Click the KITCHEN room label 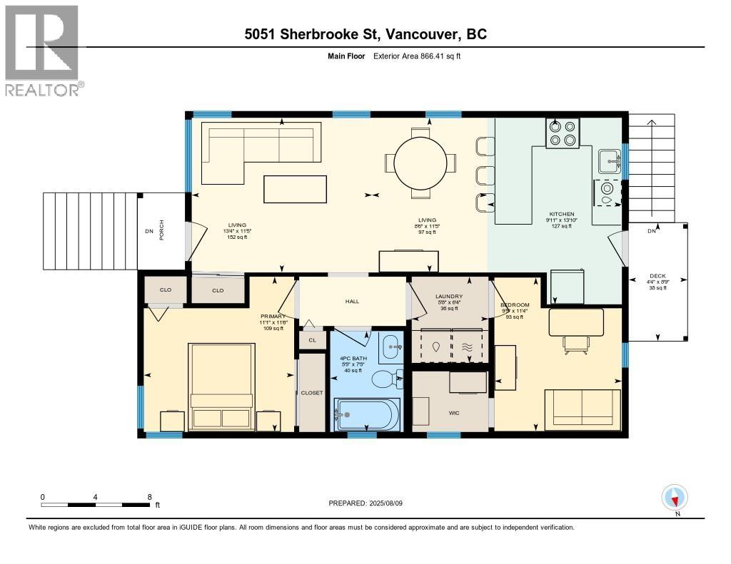560,214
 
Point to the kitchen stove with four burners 563,133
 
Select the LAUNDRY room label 449,296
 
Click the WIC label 454,413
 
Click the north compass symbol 675,497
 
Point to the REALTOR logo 43,50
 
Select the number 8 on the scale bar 149,497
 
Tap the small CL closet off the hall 312,341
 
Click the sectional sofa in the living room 261,146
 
